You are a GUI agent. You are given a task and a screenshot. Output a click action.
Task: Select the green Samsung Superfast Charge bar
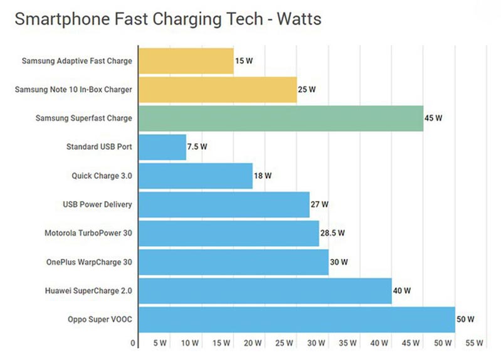[x=280, y=118]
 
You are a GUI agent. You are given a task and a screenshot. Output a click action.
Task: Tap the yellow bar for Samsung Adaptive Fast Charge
[x=186, y=61]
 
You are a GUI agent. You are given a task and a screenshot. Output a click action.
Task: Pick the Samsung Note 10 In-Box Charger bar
[x=217, y=90]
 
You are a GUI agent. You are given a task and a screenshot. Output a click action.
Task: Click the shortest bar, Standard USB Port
[x=162, y=147]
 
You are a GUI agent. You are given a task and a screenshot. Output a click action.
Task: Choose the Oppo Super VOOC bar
[x=296, y=319]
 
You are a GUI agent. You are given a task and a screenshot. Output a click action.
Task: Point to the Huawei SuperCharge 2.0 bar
[x=265, y=290]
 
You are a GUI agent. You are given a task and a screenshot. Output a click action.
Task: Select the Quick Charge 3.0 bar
[x=195, y=176]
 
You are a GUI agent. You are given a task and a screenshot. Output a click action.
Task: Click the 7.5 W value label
[x=197, y=147]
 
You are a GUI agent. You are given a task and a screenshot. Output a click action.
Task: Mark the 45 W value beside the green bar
[x=434, y=119]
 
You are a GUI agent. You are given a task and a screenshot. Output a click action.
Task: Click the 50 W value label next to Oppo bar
[x=466, y=320]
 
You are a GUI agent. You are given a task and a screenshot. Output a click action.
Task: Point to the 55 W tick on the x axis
[x=475, y=343]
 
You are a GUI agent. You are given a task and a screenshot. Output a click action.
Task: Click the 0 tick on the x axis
[x=134, y=343]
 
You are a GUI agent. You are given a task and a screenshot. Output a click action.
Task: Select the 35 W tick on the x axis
[x=348, y=343]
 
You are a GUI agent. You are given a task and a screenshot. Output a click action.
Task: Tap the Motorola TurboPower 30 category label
[x=88, y=233]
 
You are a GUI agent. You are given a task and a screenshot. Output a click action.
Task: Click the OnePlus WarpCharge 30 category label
[x=89, y=262]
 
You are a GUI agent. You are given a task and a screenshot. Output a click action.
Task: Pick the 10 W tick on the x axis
[x=190, y=343]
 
